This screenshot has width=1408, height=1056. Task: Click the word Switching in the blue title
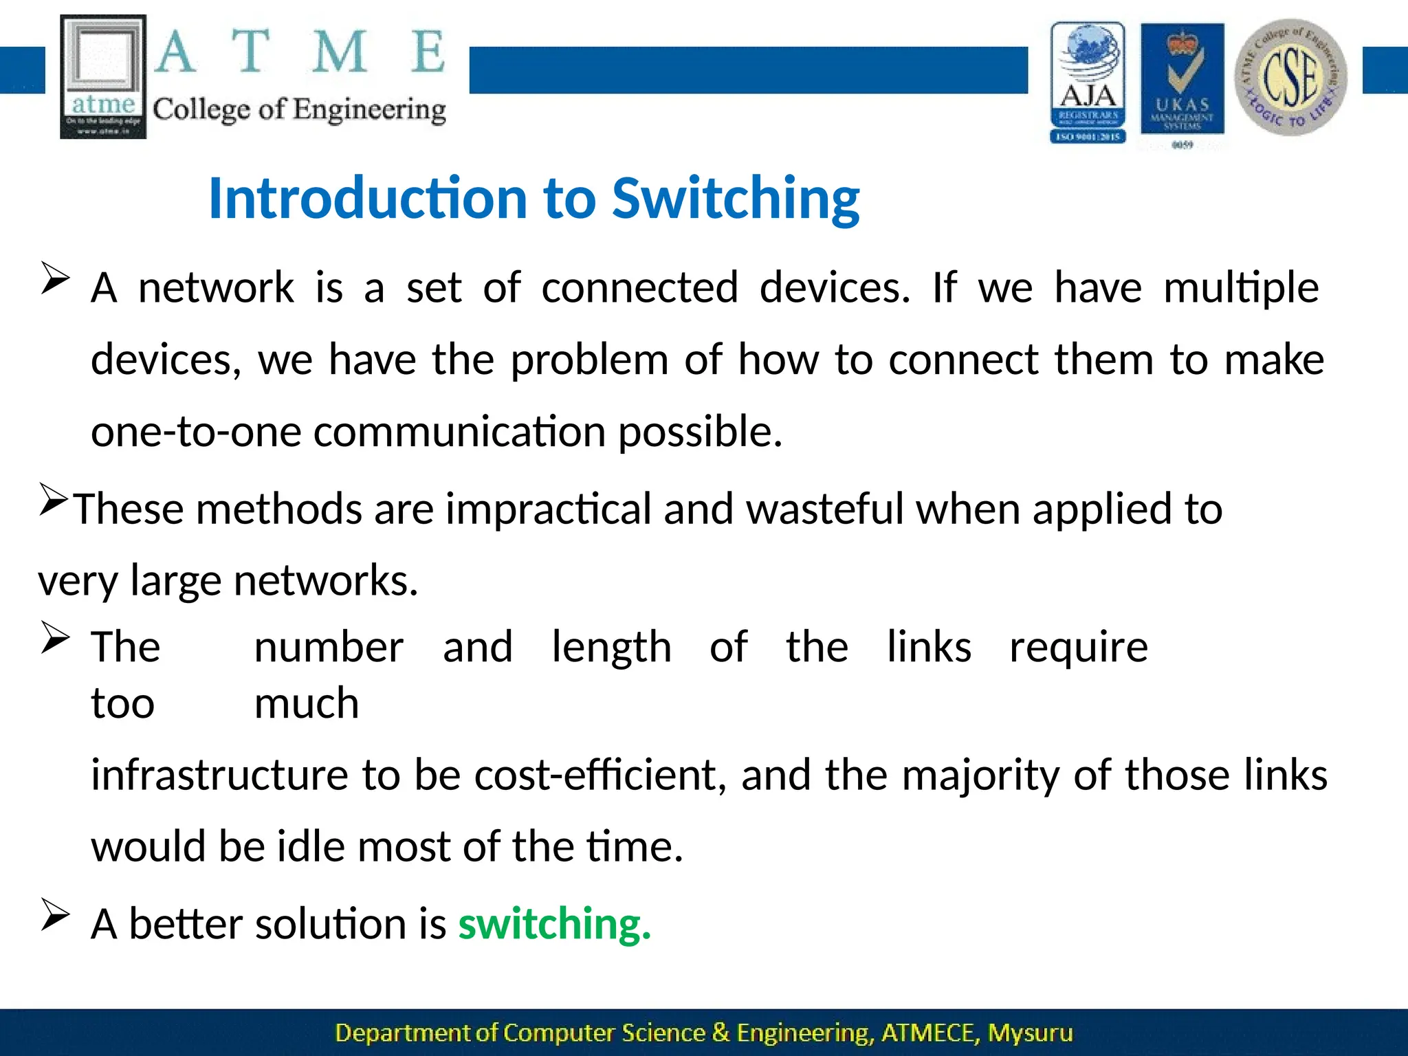(x=735, y=199)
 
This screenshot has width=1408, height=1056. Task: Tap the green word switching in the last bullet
(x=554, y=923)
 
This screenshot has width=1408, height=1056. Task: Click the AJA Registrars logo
(x=1088, y=82)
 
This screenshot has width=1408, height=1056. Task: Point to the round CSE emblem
(x=1290, y=77)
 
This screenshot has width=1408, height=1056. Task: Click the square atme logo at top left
(x=104, y=76)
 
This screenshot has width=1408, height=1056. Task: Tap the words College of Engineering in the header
(x=299, y=110)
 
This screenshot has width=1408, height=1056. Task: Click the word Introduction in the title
(x=368, y=199)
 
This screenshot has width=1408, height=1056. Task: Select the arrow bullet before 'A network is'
(x=55, y=278)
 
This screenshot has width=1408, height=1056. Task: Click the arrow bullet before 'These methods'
(x=54, y=499)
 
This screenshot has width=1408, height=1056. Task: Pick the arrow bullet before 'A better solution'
(x=55, y=914)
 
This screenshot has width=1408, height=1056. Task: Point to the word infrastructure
(x=219, y=775)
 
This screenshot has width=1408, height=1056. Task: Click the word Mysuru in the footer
(x=1029, y=1033)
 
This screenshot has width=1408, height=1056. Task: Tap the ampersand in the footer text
(x=720, y=1033)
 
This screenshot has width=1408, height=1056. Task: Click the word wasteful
(x=824, y=509)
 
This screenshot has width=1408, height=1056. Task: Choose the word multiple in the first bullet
(x=1241, y=287)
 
